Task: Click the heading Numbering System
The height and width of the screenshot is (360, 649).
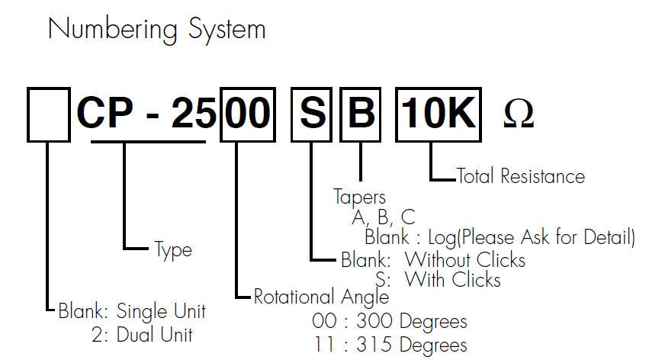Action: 156,29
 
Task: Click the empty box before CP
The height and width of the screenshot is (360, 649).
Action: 48,114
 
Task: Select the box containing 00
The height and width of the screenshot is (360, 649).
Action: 246,114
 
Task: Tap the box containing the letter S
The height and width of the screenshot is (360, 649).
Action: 311,114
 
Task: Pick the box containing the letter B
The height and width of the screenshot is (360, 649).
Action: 361,114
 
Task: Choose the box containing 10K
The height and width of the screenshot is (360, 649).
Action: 439,114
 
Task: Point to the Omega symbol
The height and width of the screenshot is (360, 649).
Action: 519,115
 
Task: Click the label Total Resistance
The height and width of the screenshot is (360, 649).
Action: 521,176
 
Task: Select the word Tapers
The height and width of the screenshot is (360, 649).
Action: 360,198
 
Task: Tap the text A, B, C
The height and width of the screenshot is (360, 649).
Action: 383,217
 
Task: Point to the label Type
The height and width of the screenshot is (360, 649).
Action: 173,249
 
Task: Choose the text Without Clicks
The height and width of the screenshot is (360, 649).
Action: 465,260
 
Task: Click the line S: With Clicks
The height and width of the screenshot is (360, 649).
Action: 438,279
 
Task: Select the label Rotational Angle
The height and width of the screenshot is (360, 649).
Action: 321,297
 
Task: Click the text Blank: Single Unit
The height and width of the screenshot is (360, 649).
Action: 131,311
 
